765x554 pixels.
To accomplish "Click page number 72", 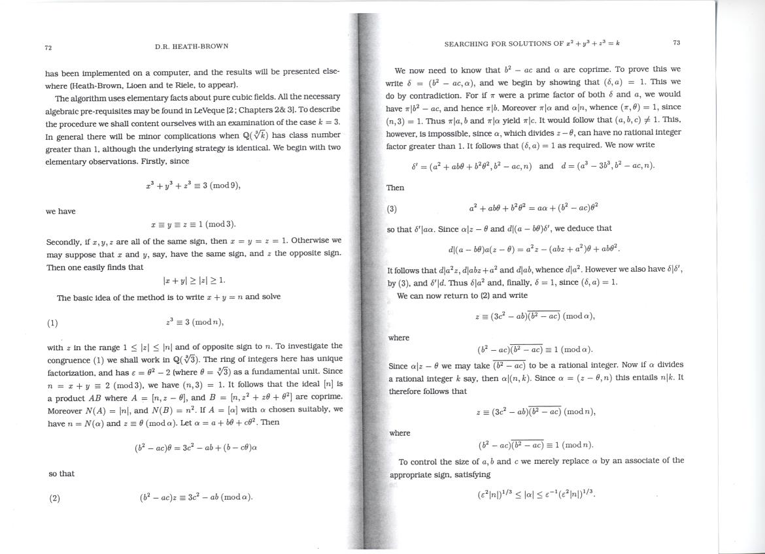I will coord(48,48).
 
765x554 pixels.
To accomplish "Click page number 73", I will coord(676,43).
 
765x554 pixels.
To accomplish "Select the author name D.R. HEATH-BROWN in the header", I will coord(192,47).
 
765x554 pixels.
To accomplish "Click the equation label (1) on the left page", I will coord(52,323).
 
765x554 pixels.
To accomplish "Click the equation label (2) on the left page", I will coord(54,498).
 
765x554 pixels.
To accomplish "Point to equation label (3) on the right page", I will coord(392,209).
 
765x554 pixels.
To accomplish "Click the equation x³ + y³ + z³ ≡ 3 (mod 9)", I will coord(193,186).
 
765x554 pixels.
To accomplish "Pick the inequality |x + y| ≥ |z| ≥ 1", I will coord(194,280).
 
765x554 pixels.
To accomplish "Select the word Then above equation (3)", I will coord(395,188).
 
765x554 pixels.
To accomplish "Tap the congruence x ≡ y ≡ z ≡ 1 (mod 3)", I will coord(193,223).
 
